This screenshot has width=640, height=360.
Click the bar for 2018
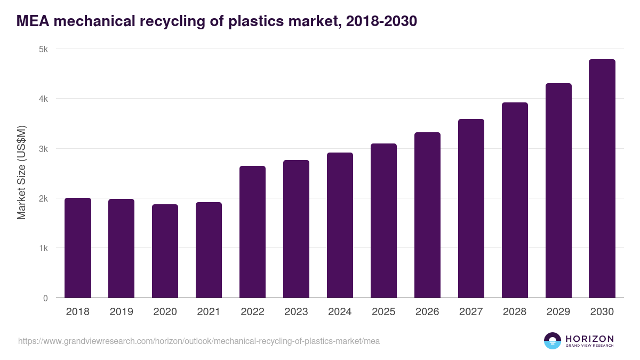(78, 248)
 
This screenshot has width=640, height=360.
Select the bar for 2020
(165, 251)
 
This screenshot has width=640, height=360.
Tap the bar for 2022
(252, 232)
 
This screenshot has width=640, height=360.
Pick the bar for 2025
(383, 221)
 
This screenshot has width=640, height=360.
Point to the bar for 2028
(515, 200)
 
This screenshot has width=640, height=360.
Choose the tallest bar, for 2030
(602, 179)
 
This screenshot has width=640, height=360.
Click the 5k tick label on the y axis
(43, 49)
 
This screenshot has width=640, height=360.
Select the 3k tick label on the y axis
(43, 149)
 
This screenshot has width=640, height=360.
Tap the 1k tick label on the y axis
(43, 249)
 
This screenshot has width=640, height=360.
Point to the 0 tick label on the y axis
(45, 298)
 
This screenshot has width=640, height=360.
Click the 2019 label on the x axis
(122, 312)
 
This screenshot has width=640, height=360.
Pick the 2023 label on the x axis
(296, 312)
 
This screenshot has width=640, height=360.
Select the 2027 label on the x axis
(471, 312)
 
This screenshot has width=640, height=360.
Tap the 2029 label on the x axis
(558, 312)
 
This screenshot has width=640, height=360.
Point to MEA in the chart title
(33, 21)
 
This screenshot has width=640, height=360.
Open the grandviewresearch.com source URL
(199, 341)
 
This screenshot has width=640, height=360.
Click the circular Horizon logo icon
(553, 341)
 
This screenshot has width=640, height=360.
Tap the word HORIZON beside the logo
(589, 339)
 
